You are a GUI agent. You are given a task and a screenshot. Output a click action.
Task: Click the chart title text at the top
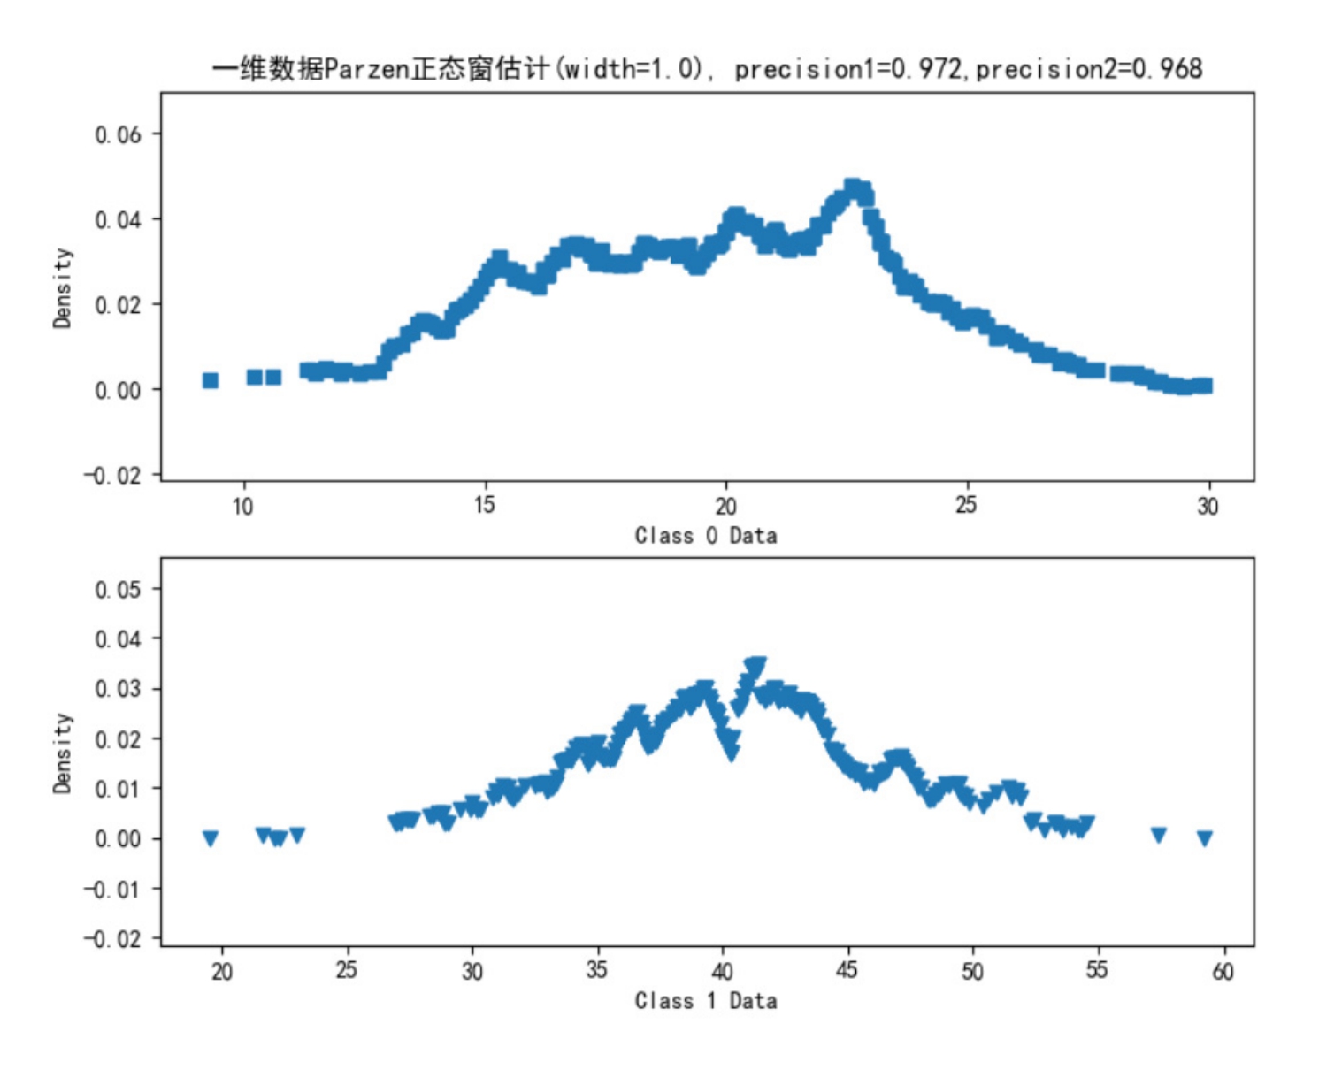tap(706, 69)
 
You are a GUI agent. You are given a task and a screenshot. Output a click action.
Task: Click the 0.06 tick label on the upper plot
tap(118, 134)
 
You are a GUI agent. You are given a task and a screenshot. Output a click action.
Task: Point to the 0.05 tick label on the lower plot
tap(118, 589)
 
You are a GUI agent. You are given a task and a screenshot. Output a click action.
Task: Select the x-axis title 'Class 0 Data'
tap(706, 535)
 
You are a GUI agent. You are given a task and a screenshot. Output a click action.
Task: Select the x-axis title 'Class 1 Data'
tap(706, 1000)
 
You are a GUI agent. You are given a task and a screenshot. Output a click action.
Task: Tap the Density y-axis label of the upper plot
tap(62, 287)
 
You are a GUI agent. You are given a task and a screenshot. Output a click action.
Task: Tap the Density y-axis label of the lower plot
tap(62, 753)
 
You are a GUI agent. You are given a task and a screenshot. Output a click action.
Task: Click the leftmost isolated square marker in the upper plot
tap(211, 380)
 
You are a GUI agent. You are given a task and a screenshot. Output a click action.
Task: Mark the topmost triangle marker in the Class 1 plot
tap(755, 665)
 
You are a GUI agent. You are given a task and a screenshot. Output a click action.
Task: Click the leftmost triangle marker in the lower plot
tap(211, 837)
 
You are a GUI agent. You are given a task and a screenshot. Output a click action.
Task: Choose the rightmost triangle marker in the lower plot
tap(1204, 837)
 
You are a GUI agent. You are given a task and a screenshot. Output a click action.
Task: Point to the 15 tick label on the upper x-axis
tap(484, 505)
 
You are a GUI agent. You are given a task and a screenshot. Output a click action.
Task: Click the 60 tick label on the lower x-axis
tap(1223, 971)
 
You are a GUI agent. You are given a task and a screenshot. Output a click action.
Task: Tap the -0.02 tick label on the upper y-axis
tap(112, 476)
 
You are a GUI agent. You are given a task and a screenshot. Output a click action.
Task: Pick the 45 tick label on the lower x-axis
tap(847, 971)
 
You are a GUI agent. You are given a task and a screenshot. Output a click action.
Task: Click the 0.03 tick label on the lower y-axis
tap(118, 689)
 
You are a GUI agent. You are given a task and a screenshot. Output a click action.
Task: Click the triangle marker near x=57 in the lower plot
tap(1158, 834)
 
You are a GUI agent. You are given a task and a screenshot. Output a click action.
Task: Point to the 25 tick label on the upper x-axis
tap(966, 505)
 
